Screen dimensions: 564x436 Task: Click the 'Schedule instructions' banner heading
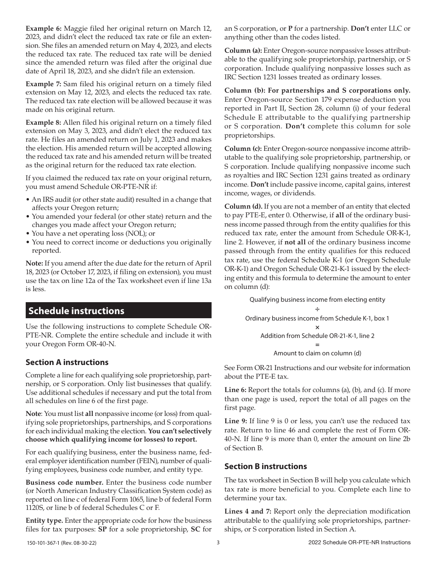(76, 311)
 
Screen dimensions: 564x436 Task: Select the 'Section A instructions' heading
(67, 362)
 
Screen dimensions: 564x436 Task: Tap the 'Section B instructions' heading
(265, 466)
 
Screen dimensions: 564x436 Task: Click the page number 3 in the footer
(218, 542)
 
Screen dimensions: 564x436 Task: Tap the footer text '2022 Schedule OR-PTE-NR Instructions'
(360, 542)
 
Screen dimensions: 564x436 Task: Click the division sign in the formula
(317, 309)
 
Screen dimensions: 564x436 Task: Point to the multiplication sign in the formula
(317, 327)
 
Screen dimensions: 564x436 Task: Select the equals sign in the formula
(317, 344)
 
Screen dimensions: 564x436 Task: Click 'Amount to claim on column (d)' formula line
(317, 353)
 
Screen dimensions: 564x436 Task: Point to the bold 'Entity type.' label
(45, 520)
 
